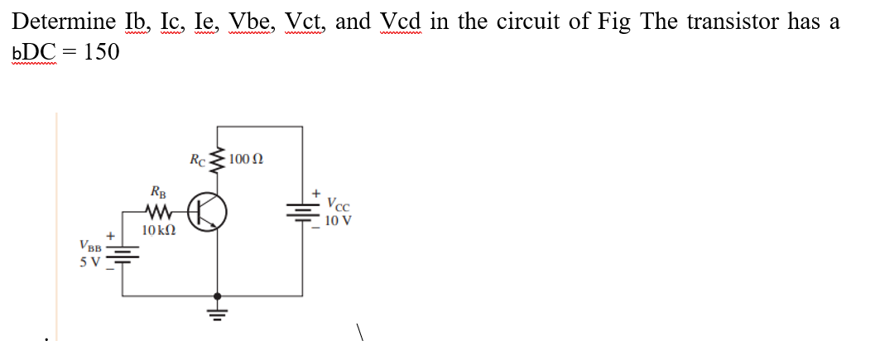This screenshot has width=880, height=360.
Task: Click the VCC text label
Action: point(339,205)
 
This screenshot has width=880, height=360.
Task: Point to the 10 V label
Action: point(337,221)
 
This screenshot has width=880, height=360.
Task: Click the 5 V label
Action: point(89,262)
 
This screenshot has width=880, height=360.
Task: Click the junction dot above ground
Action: point(219,295)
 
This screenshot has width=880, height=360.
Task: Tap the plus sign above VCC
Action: point(315,192)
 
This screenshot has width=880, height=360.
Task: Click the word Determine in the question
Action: point(60,22)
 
